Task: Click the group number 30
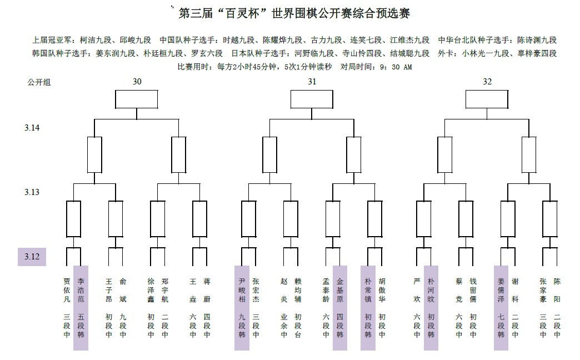tap(137, 82)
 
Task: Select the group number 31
tap(312, 82)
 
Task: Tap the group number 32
tap(487, 82)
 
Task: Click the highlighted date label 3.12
tap(32, 257)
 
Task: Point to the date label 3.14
tap(32, 128)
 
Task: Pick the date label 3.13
tap(32, 192)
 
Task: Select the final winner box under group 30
tap(137, 99)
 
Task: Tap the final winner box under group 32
tap(487, 99)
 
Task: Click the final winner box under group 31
tap(312, 99)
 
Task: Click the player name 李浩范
tap(81, 291)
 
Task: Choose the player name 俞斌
tap(123, 291)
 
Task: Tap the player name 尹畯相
tap(242, 291)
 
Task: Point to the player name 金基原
tap(340, 291)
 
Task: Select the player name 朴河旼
tap(431, 291)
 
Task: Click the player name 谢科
tap(515, 291)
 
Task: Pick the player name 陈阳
tap(557, 291)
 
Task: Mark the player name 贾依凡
tap(67, 291)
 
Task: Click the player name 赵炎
tap(284, 291)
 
